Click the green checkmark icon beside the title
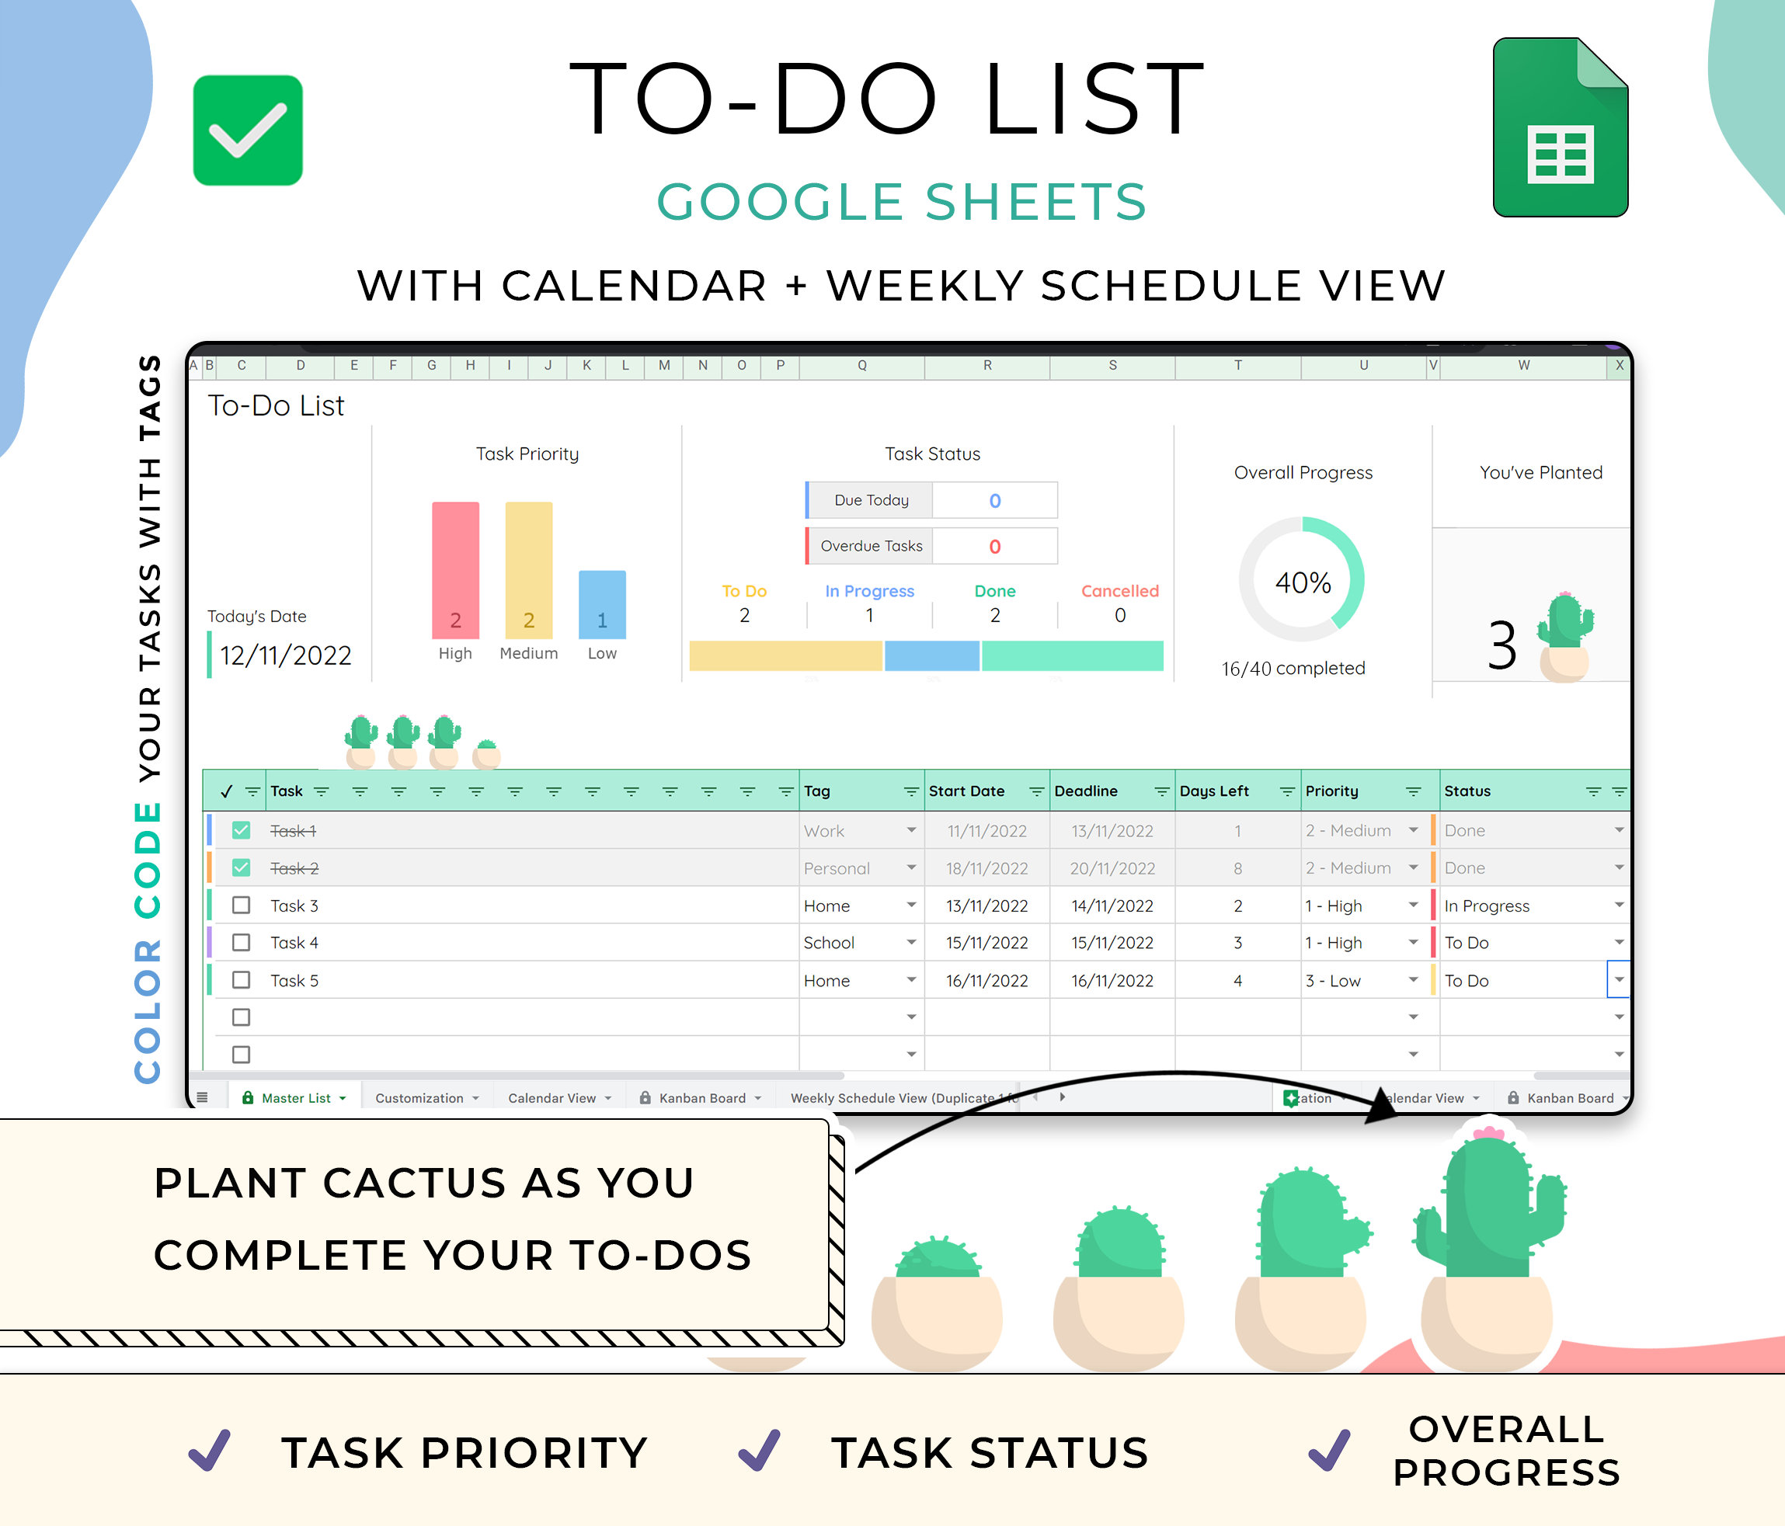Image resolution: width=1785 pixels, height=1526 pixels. coord(247,130)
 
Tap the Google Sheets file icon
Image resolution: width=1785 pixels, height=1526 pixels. coord(1561,127)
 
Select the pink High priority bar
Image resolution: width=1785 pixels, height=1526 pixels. coord(455,569)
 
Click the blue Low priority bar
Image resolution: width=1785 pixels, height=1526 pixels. coord(602,603)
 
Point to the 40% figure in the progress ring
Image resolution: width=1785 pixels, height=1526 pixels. coord(1303,582)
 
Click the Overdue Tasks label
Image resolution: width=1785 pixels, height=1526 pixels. coord(871,546)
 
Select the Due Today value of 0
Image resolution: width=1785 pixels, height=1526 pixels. coord(995,500)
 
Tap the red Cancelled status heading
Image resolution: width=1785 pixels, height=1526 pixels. coord(1120,591)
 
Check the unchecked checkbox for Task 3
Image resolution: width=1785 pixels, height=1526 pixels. coord(242,905)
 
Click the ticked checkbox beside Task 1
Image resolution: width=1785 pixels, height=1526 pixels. coord(242,830)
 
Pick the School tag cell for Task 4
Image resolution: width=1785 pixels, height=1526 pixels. coord(829,943)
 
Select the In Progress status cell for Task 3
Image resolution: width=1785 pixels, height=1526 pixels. coord(1487,906)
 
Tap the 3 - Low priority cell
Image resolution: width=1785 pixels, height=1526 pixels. coord(1333,981)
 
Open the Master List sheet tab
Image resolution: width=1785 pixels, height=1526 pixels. coord(294,1098)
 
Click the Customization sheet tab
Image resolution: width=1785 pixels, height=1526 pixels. coord(419,1098)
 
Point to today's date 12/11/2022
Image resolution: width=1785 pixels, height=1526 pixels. coord(285,655)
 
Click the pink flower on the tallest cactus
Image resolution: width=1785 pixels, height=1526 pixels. coord(1487,1132)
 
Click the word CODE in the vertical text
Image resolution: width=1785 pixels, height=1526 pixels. coord(148,860)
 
